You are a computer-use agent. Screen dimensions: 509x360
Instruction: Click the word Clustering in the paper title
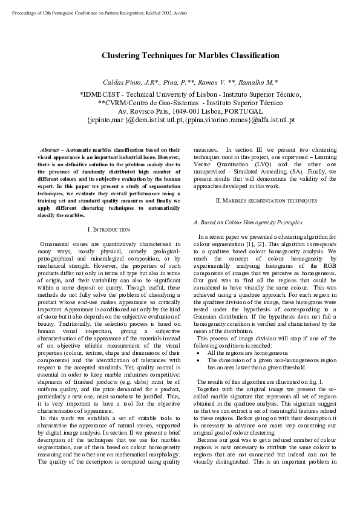(122, 55)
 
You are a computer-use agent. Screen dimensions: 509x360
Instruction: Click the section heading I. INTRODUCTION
(109, 230)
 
